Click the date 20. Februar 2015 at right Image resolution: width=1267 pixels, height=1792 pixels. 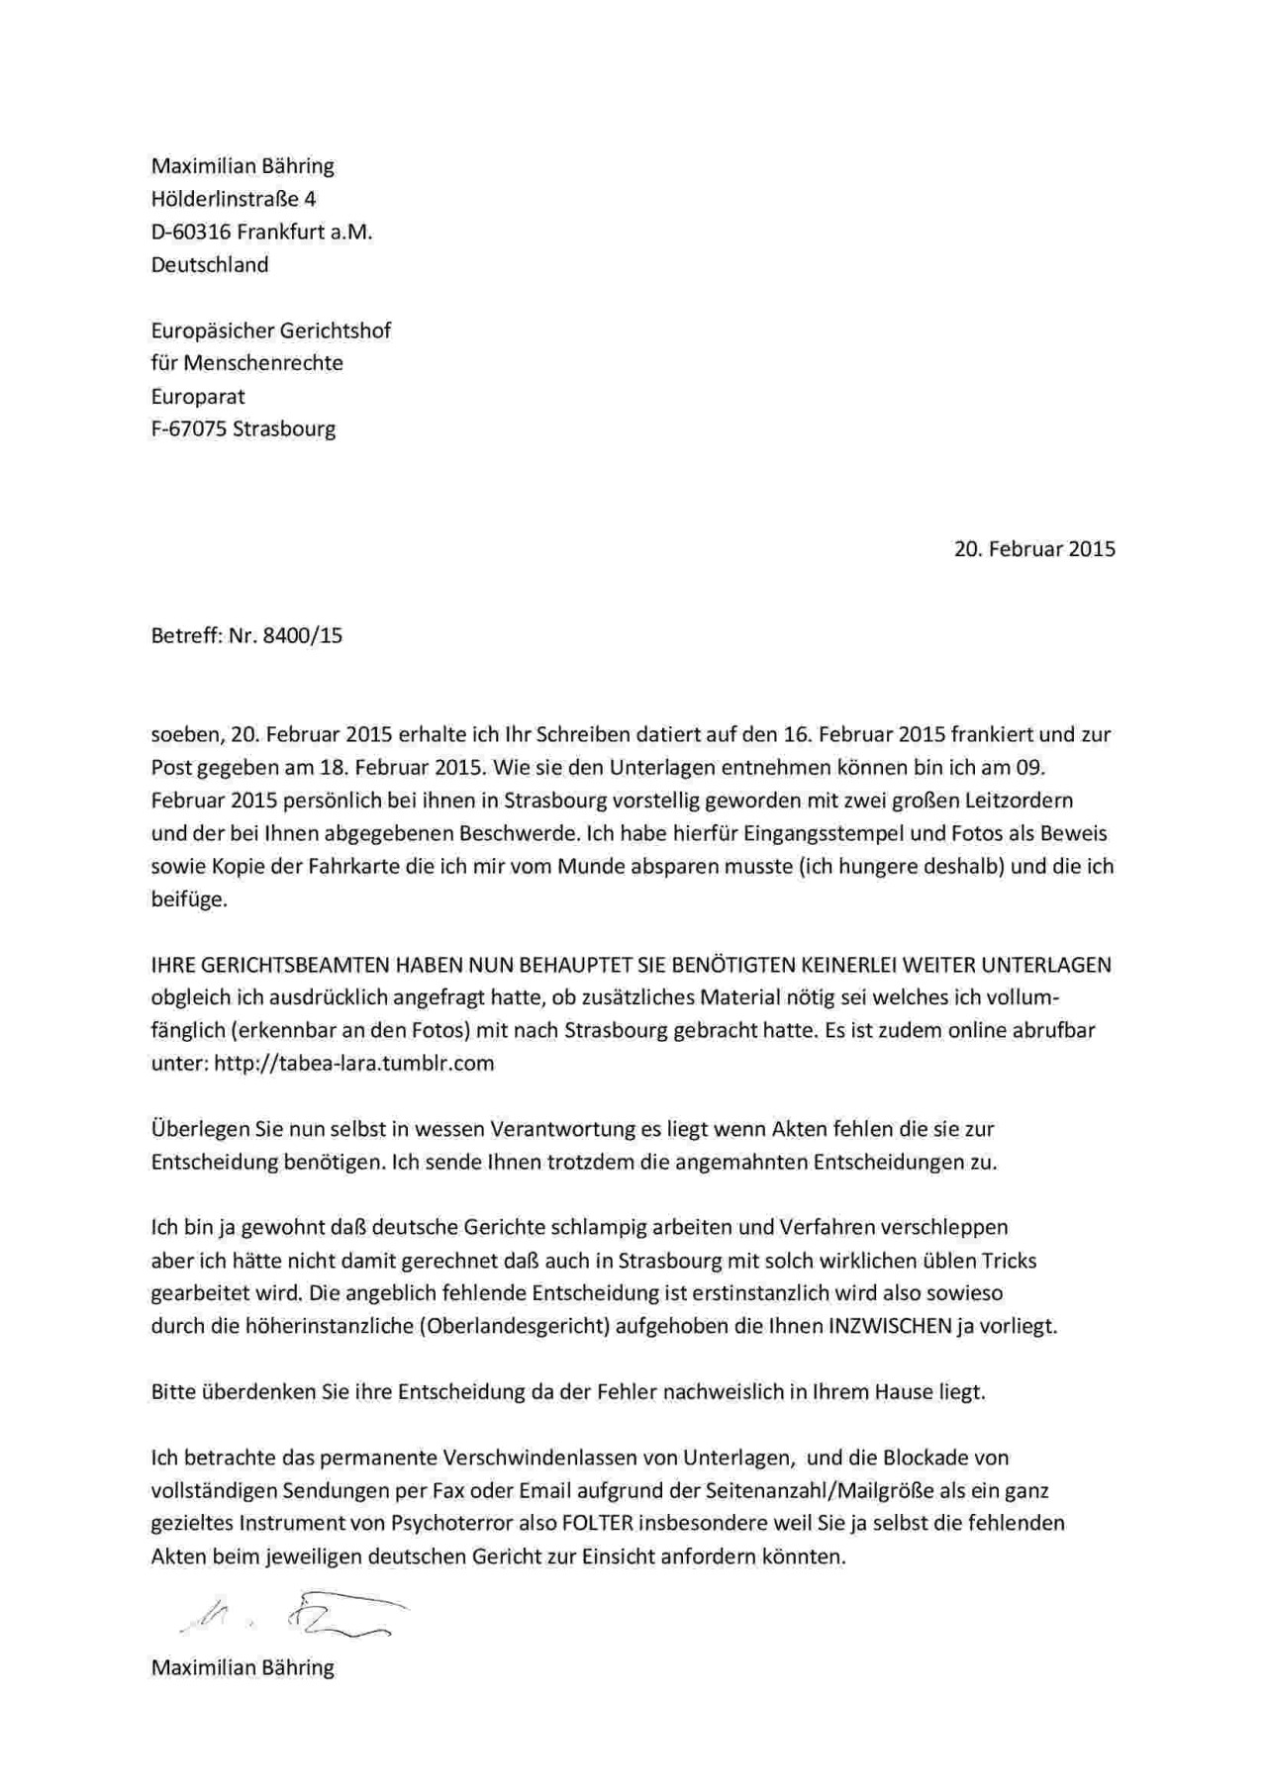click(x=1034, y=548)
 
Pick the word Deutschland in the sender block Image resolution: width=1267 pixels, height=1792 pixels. click(x=209, y=264)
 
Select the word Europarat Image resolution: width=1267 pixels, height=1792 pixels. click(x=198, y=396)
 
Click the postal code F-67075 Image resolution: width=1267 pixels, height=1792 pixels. click(x=188, y=428)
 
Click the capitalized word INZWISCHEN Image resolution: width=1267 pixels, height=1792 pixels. click(x=890, y=1326)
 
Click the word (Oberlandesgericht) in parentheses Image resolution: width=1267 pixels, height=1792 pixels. click(x=514, y=1326)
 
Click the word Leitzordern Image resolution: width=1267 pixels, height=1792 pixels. click(x=1013, y=800)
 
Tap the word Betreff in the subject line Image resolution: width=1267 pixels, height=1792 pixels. click(x=185, y=635)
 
